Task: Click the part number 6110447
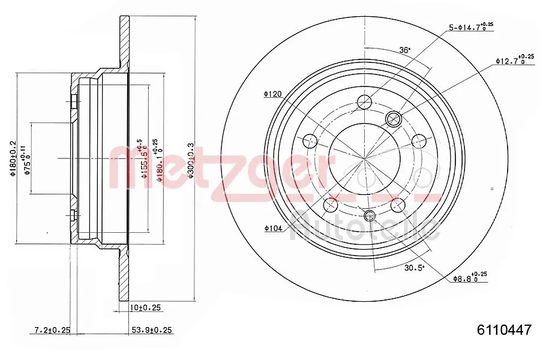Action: click(504, 330)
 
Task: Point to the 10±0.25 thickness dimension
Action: click(146, 308)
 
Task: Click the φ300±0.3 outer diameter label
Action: click(190, 159)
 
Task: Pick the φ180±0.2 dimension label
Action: click(11, 159)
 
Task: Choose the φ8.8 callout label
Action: click(469, 278)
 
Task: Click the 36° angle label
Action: click(406, 50)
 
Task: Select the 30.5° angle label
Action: click(414, 268)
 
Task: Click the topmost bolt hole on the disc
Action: click(364, 102)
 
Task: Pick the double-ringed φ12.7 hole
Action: click(394, 118)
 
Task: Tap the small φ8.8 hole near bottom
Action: click(369, 215)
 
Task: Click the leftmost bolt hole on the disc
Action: click(310, 142)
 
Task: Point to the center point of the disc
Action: click(365, 159)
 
